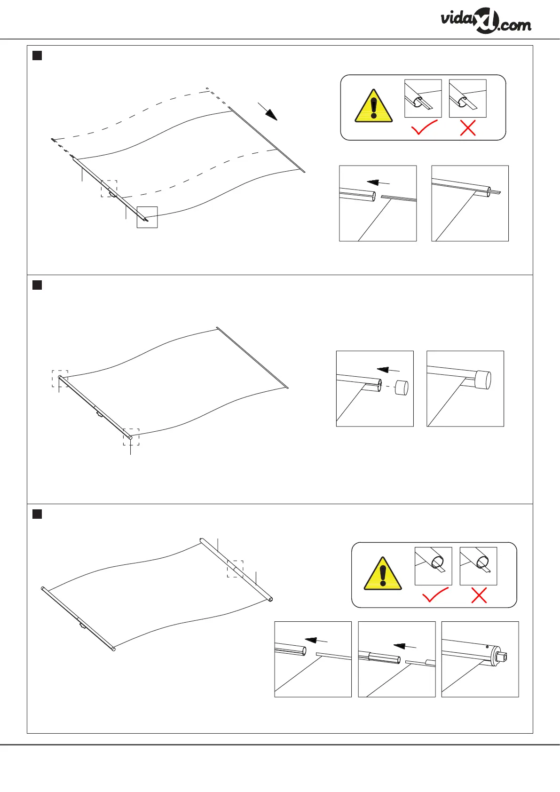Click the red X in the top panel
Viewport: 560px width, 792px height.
(x=468, y=127)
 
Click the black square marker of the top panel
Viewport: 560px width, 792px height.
(x=37, y=55)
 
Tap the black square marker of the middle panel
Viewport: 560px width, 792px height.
(x=37, y=285)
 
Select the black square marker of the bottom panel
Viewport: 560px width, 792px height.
(x=37, y=514)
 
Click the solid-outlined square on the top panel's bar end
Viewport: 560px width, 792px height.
(x=147, y=217)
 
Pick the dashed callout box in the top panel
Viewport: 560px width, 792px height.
(x=109, y=189)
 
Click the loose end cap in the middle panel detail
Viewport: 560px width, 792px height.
(x=401, y=388)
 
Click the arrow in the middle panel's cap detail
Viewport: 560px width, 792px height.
(x=388, y=370)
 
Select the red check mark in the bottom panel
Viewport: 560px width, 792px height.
(x=435, y=596)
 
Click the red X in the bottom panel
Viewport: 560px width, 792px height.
(x=479, y=596)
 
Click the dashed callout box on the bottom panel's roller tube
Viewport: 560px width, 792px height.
(x=235, y=569)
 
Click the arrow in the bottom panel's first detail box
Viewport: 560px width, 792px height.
(x=316, y=640)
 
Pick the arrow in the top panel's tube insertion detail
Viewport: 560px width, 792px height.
(x=379, y=182)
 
